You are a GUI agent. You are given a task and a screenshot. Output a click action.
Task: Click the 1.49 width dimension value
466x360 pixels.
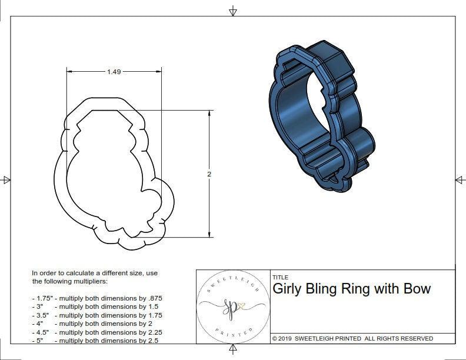pos(114,72)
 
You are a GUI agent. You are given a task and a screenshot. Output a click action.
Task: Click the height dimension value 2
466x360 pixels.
pos(209,174)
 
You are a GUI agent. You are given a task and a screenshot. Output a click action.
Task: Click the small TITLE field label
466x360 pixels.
pos(280,277)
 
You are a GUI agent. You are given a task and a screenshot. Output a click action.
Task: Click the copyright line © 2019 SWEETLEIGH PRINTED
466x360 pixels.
pos(352,338)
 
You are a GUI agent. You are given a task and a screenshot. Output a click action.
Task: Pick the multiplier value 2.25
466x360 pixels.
pos(152,332)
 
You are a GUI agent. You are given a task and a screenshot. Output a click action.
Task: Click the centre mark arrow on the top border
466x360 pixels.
pos(233,11)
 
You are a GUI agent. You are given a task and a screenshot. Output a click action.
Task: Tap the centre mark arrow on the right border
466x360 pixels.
pos(459,179)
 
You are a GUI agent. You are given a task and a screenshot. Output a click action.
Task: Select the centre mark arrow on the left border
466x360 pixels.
pos(6,179)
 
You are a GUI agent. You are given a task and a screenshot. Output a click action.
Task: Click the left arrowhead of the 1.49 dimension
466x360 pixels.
pos(68,72)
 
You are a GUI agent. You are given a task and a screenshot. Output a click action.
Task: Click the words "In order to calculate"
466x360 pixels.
pos(64,273)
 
